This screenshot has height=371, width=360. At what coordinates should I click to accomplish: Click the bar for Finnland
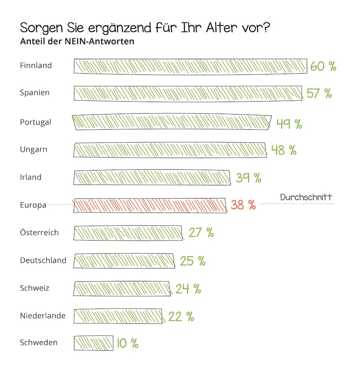tap(190, 66)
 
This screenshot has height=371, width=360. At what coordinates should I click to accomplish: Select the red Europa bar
tap(150, 205)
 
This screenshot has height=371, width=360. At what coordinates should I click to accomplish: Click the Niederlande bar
tap(118, 316)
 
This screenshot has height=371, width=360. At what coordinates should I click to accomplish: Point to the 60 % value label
tap(323, 66)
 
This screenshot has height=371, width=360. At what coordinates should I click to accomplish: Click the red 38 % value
tap(243, 205)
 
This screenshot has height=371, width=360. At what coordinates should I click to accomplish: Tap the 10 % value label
tap(128, 343)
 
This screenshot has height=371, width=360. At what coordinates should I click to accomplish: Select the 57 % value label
tap(319, 93)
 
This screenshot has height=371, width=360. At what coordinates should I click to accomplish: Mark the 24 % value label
tap(188, 289)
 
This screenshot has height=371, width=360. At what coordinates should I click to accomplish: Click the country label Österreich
tap(39, 233)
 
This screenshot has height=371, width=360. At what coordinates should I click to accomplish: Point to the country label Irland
tap(31, 177)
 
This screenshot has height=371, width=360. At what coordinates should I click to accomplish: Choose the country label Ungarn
tap(34, 150)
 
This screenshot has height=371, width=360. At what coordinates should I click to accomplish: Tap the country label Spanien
tap(35, 92)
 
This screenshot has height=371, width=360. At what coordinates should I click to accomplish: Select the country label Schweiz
tap(34, 288)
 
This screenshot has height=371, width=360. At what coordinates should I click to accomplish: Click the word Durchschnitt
tap(306, 197)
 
